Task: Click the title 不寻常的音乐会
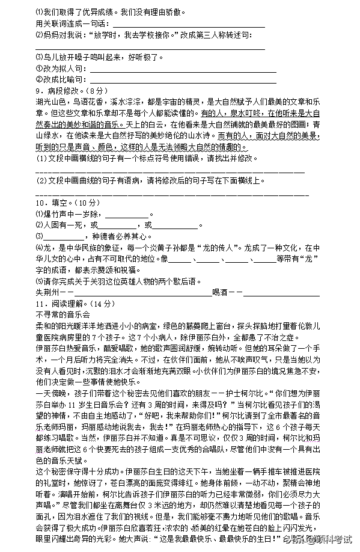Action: click(63, 314)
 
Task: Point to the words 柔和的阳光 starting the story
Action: click(55, 325)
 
